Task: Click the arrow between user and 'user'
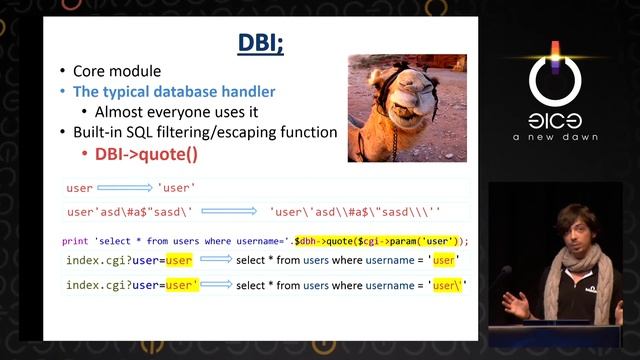click(x=125, y=187)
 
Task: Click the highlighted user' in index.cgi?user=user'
click(x=181, y=285)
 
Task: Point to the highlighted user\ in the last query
click(x=446, y=285)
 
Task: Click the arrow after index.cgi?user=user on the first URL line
click(x=214, y=261)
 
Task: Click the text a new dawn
click(x=555, y=138)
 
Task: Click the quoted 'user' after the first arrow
click(x=176, y=187)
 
